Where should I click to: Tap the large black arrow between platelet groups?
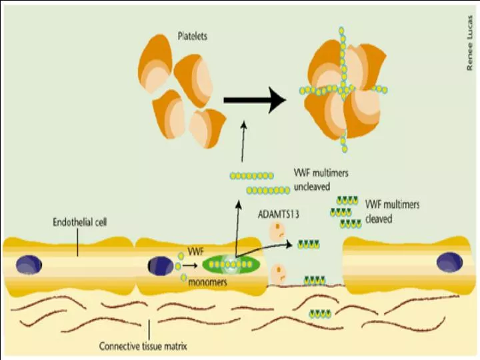tap(253, 100)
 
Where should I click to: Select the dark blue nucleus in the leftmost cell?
tap(29, 263)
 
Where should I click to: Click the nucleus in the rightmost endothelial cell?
tap(449, 262)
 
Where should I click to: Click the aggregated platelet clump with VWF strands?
tap(343, 88)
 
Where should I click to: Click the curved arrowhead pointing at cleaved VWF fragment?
tap(291, 245)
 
